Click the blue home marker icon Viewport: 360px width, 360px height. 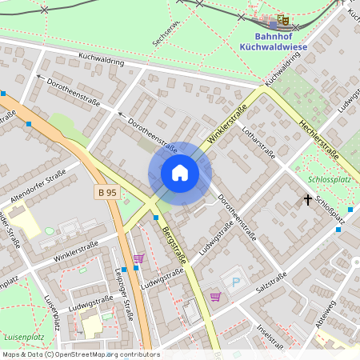[x=180, y=173]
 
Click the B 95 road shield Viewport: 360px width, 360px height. [x=107, y=192]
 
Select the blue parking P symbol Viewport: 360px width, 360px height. [x=236, y=282]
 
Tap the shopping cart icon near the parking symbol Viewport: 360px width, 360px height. [x=215, y=297]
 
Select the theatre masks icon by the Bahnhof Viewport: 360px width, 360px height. [x=282, y=19]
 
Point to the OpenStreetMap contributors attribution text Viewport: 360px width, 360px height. [x=80, y=354]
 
